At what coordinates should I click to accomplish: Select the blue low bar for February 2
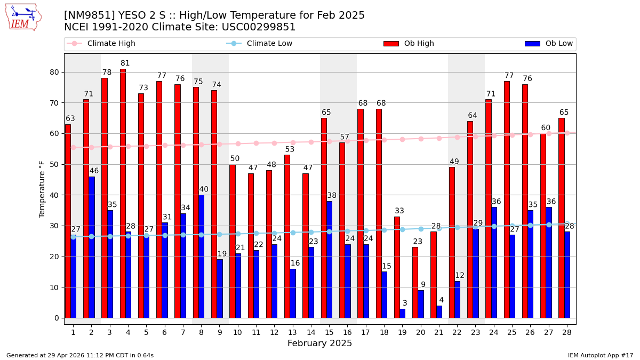coord(92,247)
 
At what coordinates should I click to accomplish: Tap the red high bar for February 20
coord(415,282)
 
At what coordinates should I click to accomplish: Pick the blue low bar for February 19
coord(403,313)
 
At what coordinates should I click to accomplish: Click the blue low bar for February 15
coord(329,259)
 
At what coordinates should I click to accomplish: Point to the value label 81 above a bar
coord(125,63)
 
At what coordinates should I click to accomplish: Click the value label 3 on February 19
coord(405,303)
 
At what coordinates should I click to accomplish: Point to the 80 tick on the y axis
coord(54,72)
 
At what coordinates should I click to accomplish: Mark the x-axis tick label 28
coord(566,332)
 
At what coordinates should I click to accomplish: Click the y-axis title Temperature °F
coord(42,189)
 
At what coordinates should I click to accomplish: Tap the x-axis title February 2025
coord(319,343)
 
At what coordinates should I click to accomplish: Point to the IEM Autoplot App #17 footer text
coord(600,355)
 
